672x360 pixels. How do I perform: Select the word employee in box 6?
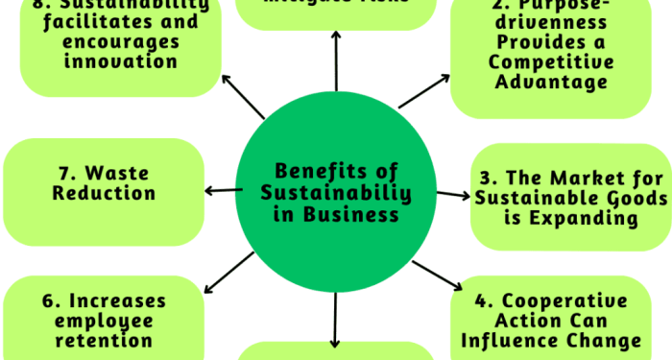[104, 321]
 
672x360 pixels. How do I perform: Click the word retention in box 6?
[104, 340]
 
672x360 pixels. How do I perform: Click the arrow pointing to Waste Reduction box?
[222, 190]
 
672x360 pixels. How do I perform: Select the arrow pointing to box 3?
[450, 195]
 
